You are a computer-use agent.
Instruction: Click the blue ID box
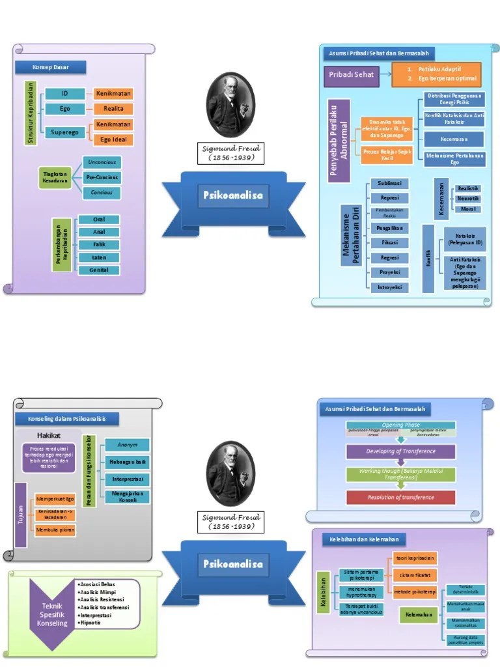[64, 93]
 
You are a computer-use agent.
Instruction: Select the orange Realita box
[113, 109]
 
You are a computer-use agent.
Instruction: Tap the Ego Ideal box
[113, 139]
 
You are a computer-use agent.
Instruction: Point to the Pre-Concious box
[102, 177]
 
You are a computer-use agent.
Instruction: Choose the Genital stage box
[99, 270]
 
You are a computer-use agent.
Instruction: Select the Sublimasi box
[389, 183]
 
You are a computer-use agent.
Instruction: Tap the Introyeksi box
[389, 287]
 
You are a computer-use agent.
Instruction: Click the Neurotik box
[468, 198]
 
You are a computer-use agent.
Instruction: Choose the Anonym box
[127, 445]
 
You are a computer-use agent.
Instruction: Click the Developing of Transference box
[400, 451]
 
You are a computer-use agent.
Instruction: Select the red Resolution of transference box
[400, 497]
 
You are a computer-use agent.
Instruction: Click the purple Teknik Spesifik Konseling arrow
[51, 612]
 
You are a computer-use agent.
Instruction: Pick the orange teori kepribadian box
[414, 558]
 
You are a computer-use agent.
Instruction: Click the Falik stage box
[99, 245]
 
